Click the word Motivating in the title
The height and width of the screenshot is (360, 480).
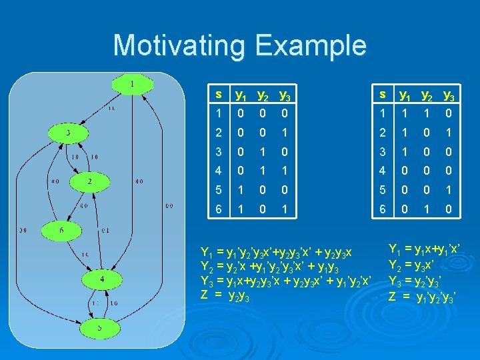coord(179,45)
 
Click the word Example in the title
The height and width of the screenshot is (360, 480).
coord(310,45)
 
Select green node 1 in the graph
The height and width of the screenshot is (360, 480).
coord(131,84)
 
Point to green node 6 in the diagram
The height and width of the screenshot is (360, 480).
coord(62,231)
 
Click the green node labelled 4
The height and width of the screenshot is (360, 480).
coord(101,279)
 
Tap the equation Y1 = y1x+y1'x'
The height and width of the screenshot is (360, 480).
coord(424,250)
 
